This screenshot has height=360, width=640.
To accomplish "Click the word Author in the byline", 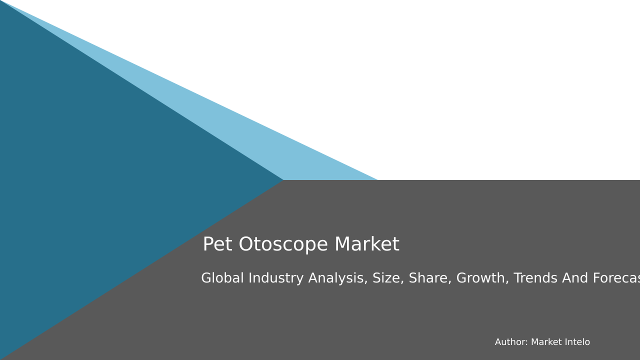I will pos(511,342).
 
